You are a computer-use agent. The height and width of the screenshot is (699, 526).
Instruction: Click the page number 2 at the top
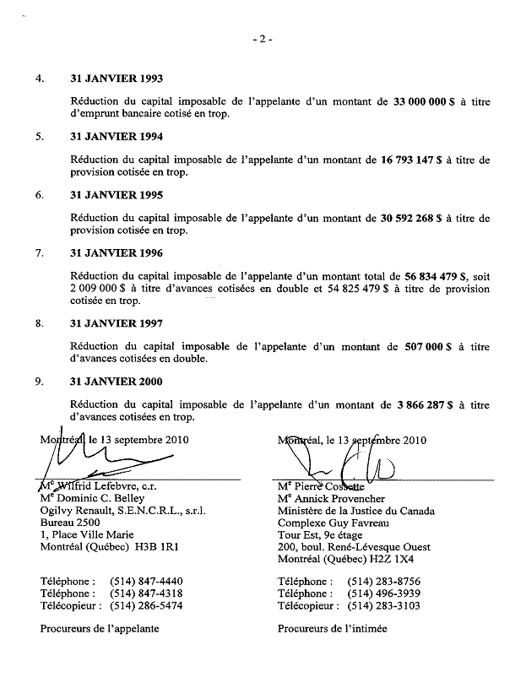[263, 39]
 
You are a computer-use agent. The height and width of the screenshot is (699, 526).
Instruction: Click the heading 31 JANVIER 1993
[117, 79]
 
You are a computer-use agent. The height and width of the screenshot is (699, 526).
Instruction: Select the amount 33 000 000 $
[425, 101]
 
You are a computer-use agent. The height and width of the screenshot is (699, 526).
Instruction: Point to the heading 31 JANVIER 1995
[117, 195]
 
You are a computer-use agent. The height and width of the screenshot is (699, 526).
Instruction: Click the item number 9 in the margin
[39, 382]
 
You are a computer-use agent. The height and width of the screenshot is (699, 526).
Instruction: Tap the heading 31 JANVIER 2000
[117, 382]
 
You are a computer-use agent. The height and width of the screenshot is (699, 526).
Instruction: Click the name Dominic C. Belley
[99, 498]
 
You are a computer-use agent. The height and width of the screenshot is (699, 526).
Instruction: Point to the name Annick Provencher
[336, 498]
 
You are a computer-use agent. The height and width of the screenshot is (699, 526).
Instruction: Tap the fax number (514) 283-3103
[383, 605]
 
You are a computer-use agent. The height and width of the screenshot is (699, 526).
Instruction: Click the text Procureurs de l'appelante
[100, 628]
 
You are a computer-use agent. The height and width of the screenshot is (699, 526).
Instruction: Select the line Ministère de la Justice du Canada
[356, 511]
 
